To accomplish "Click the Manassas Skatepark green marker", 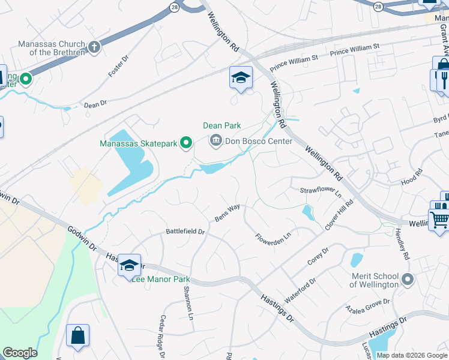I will [x=186, y=143].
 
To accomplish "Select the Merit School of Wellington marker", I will [x=408, y=280].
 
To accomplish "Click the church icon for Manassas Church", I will [x=94, y=47].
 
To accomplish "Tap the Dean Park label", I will [x=221, y=125].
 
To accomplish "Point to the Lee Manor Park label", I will [x=161, y=279].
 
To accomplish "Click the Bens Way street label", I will [x=228, y=212].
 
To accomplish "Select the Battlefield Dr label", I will [x=185, y=231].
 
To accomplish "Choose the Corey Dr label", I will [x=318, y=257].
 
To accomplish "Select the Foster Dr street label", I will [x=119, y=67].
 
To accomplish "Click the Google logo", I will [x=20, y=353].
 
